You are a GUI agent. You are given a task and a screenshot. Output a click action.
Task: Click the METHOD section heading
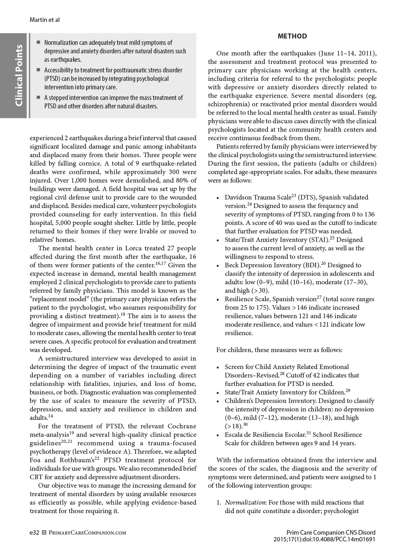tap(292, 36)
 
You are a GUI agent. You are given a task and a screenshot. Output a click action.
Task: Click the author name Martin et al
tap(44, 20)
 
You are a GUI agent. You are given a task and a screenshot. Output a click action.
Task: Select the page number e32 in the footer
tap(34, 533)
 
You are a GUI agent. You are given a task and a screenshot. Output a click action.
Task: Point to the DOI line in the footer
tap(324, 540)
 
